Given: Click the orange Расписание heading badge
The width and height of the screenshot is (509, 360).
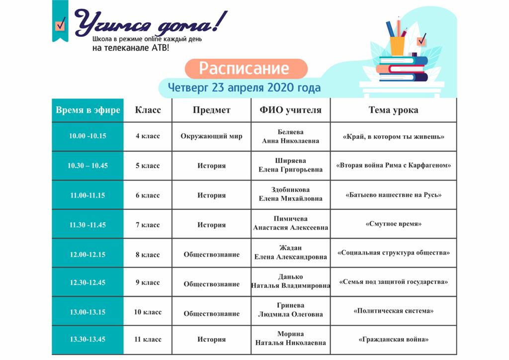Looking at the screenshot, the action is click(x=246, y=69).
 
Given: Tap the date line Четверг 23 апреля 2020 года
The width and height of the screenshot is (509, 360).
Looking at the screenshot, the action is click(x=244, y=88).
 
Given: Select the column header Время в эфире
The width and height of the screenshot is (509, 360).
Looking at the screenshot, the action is click(x=87, y=110).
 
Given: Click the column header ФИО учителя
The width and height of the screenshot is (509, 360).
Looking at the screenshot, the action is click(x=290, y=110).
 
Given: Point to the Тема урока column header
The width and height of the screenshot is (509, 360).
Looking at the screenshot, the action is click(x=393, y=110).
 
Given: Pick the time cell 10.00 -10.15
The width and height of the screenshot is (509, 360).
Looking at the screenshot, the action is click(x=87, y=136).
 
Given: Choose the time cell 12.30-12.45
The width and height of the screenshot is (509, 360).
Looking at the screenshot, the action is click(x=87, y=282).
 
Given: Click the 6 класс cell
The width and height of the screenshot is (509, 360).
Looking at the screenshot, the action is click(x=148, y=195).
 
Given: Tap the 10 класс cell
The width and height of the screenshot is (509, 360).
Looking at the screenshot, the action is click(x=148, y=312).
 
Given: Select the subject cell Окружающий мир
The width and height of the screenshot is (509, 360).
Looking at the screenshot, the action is click(x=211, y=136).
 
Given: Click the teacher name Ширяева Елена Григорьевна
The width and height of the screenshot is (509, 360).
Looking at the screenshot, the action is click(x=290, y=165).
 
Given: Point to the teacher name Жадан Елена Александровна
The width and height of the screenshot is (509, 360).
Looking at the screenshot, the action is click(x=290, y=252).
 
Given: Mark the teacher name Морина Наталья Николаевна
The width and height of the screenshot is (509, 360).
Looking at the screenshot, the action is click(x=290, y=338).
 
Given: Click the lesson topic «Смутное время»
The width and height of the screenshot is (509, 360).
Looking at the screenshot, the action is click(x=393, y=224).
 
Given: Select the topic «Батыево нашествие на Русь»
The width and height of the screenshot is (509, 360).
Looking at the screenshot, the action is click(x=393, y=195).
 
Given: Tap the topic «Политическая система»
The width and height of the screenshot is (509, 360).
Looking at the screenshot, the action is click(x=393, y=311).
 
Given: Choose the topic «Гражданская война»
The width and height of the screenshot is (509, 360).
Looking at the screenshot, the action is click(x=393, y=340).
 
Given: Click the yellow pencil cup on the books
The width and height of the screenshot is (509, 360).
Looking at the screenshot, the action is click(x=397, y=46).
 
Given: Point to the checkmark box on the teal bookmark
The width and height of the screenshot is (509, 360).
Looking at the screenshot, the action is click(x=60, y=25).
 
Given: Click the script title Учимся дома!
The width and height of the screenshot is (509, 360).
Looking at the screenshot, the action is click(x=151, y=23).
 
